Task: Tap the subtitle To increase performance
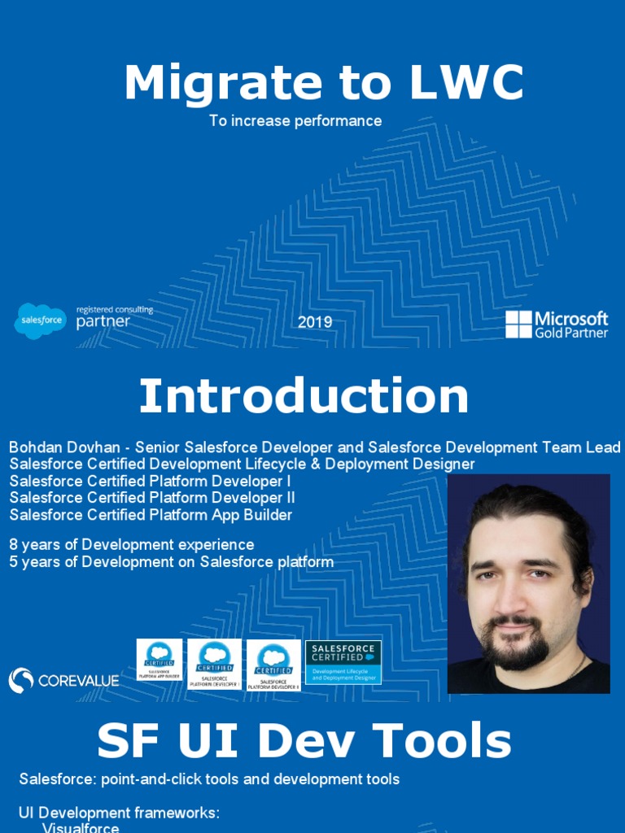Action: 295,121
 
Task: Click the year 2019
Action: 315,322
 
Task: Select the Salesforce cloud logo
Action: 41,321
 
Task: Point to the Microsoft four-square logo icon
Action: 518,325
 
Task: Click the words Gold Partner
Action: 571,333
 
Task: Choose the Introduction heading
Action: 304,397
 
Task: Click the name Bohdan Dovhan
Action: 68,447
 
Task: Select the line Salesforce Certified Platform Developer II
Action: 152,497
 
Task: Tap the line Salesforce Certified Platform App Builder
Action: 151,514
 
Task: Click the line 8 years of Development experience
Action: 132,544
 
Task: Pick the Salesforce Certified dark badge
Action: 343,661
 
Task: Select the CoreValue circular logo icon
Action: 21,680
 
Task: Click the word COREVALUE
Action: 79,680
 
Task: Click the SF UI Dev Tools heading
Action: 304,741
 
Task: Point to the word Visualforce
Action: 81,827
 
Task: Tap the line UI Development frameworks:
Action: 120,812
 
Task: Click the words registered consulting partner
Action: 114,316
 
